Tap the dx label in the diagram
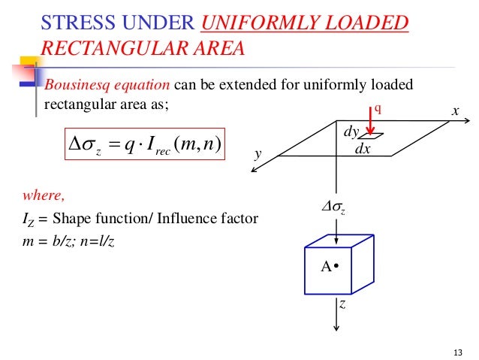pos(363,150)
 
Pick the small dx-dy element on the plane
pos(371,136)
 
